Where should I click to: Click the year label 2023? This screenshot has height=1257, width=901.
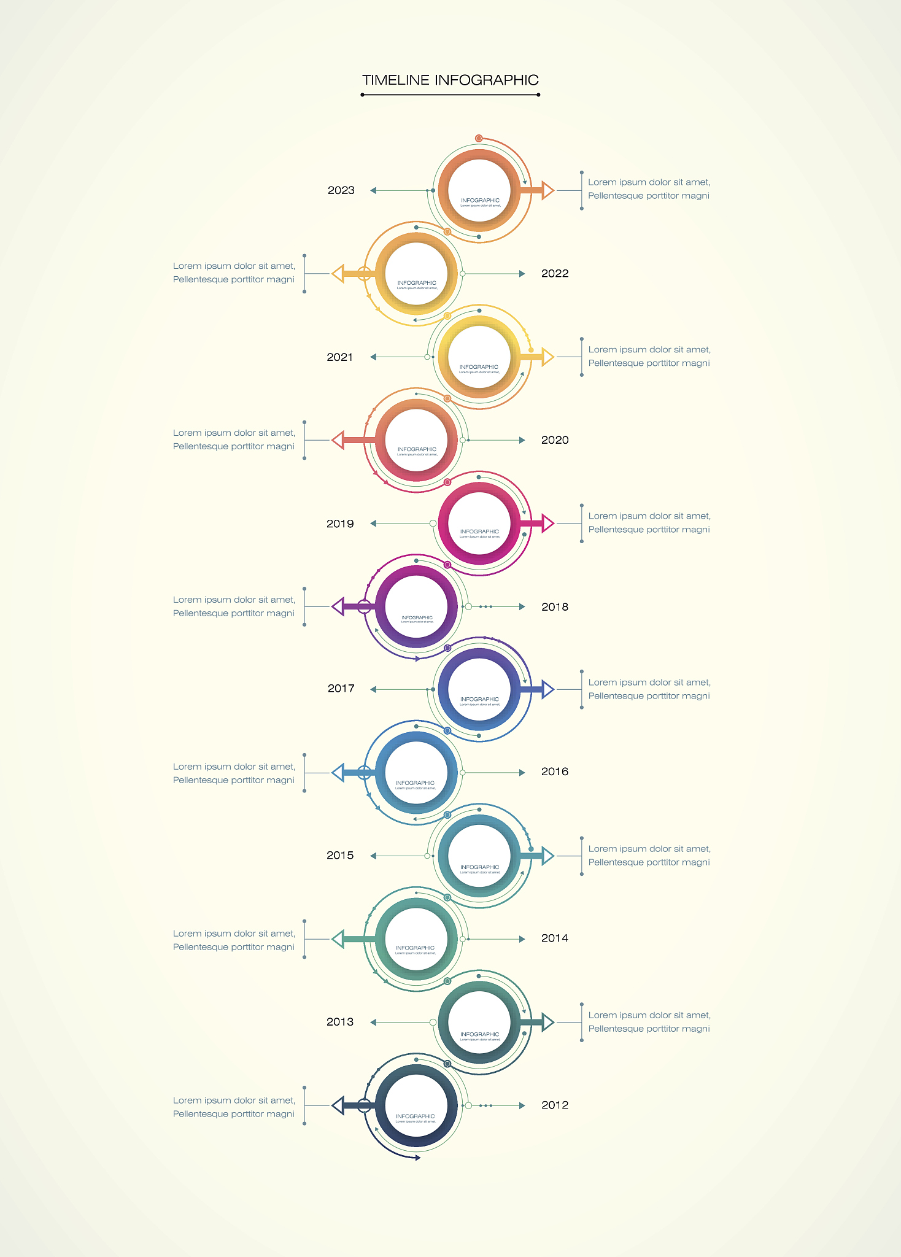pos(341,190)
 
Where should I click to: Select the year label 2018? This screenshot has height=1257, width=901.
pos(555,607)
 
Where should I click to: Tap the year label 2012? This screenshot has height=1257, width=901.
pos(555,1105)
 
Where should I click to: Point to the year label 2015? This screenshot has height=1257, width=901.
pos(340,855)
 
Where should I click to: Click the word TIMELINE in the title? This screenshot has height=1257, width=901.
pos(395,80)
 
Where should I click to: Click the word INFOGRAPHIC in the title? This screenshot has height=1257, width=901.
pos(486,80)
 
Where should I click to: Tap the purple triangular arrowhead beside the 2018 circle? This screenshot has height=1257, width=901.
pos(338,606)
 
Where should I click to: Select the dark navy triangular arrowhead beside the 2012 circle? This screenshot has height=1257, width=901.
pos(338,1105)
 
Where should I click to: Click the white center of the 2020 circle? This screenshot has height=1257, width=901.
pos(417,439)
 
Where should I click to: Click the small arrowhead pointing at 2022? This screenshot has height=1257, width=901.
pos(522,274)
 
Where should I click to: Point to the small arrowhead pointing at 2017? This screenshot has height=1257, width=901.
pos(373,689)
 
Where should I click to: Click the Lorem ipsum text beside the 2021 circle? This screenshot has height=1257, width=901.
pos(649,357)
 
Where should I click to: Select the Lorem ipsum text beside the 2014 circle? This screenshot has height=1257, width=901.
pos(234,940)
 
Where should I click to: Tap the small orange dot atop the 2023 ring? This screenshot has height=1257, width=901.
pos(479,138)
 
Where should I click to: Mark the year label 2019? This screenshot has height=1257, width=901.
pos(340,524)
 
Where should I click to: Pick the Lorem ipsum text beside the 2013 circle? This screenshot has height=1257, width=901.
pos(649,1022)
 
